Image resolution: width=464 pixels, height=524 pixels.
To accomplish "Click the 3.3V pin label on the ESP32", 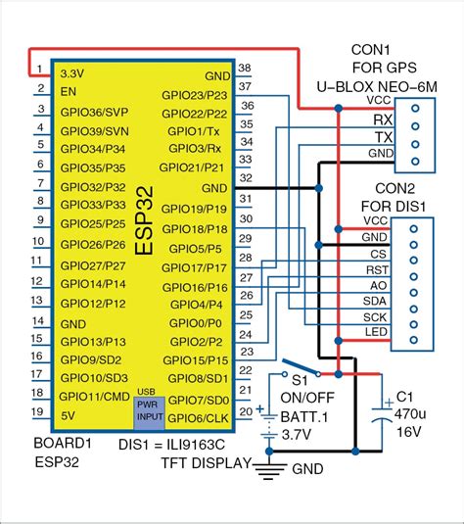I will coord(77,72).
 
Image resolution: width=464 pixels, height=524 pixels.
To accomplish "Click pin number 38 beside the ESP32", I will coord(245,70).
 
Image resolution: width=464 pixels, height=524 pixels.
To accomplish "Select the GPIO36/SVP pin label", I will coord(94,111).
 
